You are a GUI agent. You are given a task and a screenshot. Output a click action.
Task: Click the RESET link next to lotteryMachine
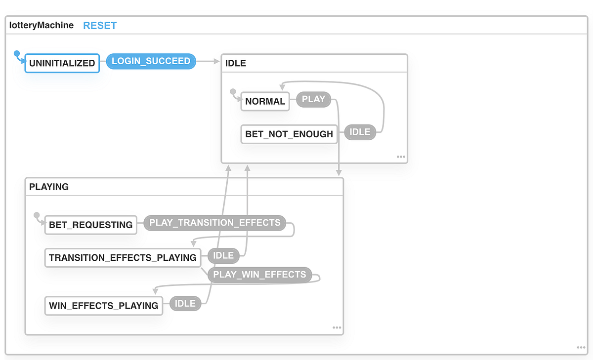point(100,26)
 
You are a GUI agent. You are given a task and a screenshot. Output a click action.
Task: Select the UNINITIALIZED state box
point(62,63)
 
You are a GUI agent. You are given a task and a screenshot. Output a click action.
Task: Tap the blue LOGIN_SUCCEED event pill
point(151,61)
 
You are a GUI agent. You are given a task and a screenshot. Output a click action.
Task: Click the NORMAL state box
point(265,101)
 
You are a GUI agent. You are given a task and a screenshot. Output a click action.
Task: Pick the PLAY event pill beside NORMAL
point(313,99)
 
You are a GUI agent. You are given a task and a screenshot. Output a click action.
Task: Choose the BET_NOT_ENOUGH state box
point(289,134)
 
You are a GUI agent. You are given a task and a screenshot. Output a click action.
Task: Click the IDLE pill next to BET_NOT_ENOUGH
point(360,132)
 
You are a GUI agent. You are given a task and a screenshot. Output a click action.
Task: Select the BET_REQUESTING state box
point(91,225)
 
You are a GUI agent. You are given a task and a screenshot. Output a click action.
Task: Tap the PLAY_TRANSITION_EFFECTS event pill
point(215,223)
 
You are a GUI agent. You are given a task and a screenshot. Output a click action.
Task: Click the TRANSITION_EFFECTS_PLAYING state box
point(123,257)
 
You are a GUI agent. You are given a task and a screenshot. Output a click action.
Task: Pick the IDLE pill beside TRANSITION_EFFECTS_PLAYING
point(223,256)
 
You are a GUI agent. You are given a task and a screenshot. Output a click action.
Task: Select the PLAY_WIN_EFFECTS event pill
point(259,275)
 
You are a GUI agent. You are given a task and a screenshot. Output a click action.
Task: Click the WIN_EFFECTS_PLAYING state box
point(104,306)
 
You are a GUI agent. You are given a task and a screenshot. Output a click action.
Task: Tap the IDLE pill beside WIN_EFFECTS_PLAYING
point(185,304)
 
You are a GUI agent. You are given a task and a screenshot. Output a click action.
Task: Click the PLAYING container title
point(49,187)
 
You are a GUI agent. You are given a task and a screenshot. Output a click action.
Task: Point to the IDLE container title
point(235,63)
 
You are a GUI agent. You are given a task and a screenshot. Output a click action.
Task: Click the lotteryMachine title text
point(42,25)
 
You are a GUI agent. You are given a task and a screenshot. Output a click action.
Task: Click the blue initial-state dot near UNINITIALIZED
point(16,53)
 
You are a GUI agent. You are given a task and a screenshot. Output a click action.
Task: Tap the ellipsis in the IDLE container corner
point(401,157)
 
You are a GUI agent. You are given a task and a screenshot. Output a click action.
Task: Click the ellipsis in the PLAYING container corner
point(337,327)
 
